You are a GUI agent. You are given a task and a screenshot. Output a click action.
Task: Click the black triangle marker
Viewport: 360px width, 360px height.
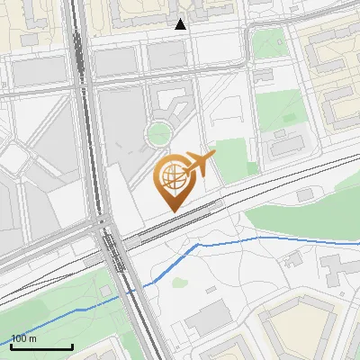181,24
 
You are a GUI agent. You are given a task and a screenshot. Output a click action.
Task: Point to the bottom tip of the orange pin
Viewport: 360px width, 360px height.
173,210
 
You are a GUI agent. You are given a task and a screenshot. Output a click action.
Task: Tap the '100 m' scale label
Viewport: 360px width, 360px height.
24,339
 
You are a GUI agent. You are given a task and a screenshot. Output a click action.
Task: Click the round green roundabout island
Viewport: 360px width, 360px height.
159,134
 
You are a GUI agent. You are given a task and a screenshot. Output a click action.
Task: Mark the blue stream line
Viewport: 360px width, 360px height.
225,243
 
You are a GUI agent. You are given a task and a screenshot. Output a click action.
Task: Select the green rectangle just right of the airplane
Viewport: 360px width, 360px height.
232,157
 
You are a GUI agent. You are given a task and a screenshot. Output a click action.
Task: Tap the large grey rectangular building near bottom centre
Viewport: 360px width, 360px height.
208,317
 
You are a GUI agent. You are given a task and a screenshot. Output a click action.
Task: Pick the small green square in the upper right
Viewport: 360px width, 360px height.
269,42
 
